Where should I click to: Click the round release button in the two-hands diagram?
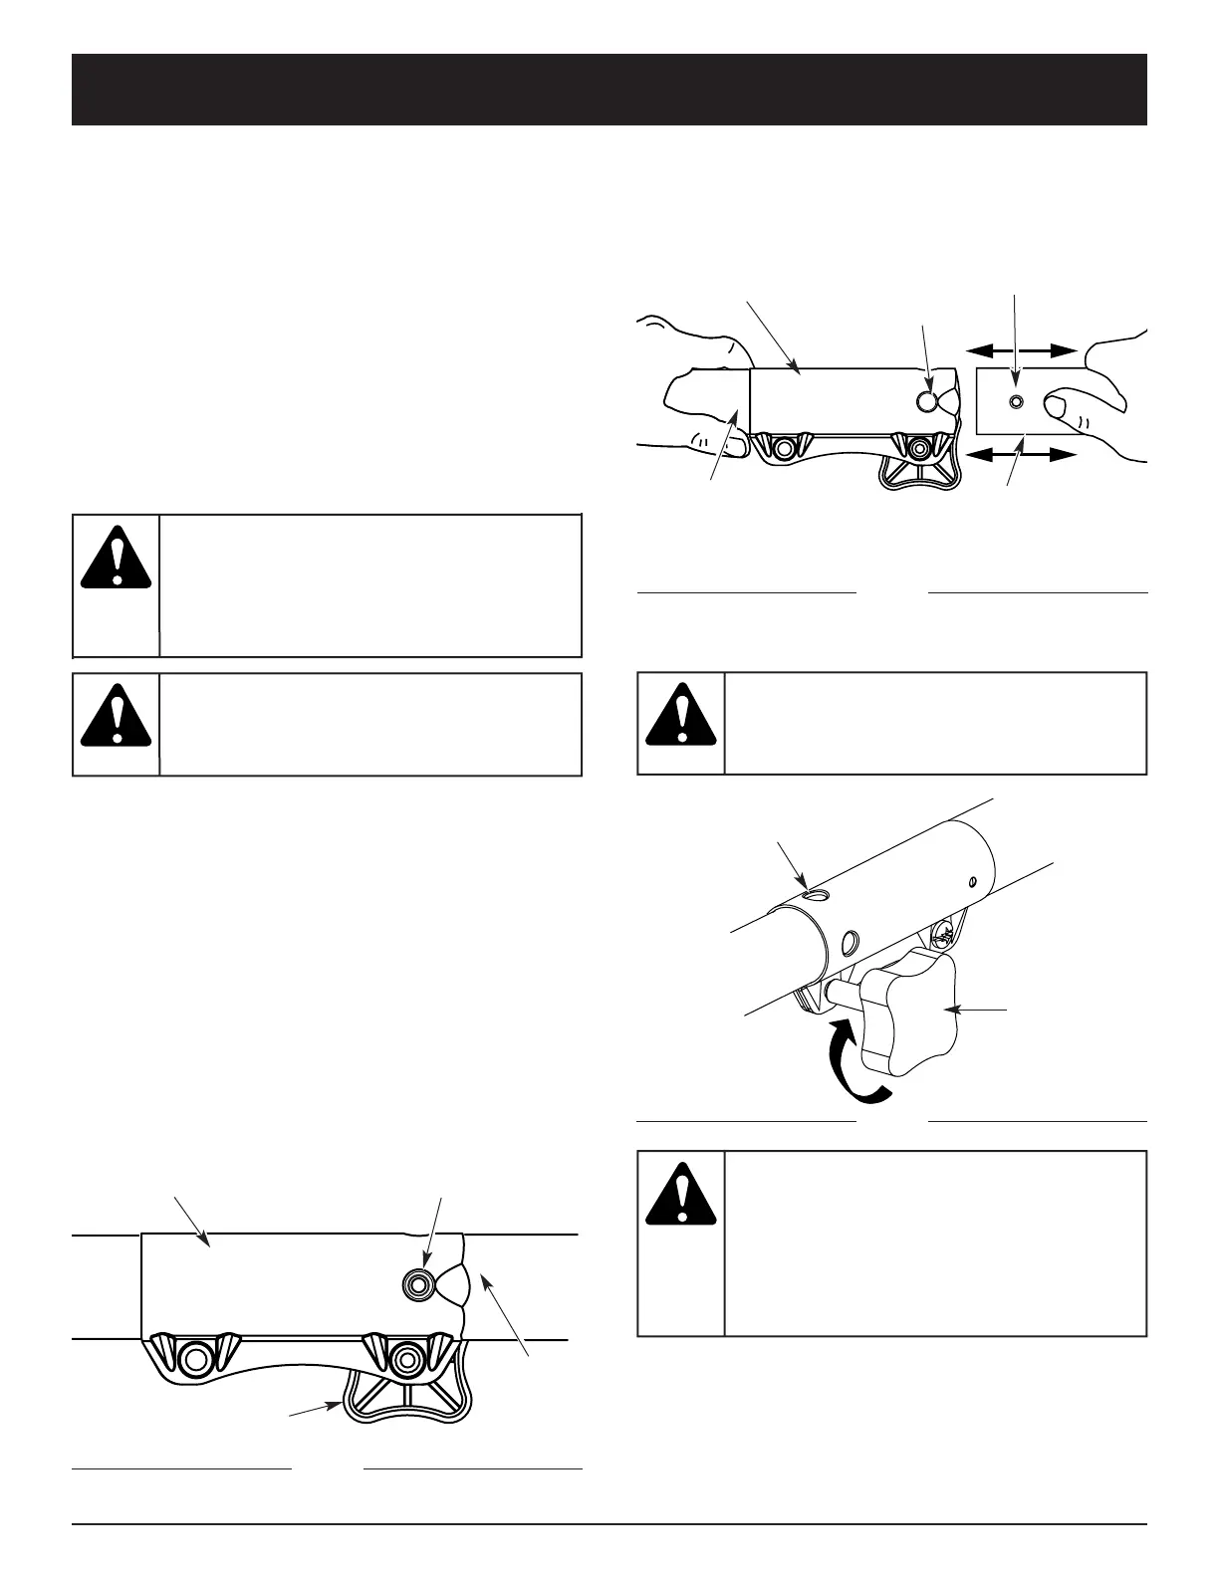pyautogui.click(x=927, y=401)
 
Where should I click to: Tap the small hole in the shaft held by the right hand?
pyautogui.click(x=1015, y=401)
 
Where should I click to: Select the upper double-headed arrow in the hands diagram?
pyautogui.click(x=1022, y=349)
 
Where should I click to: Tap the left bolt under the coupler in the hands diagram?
pyautogui.click(x=784, y=450)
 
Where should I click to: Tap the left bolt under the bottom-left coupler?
pyautogui.click(x=195, y=1358)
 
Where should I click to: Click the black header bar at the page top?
pyautogui.click(x=609, y=90)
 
